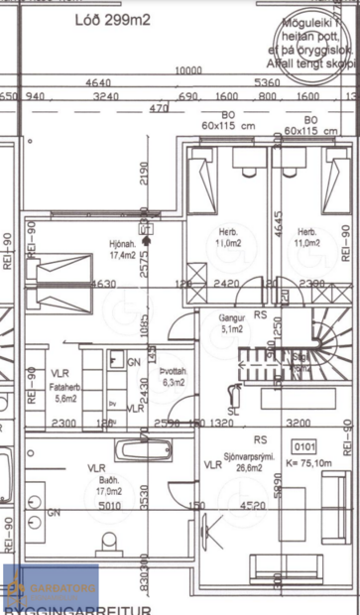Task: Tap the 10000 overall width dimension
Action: click(188, 70)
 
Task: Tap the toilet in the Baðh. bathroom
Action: click(109, 542)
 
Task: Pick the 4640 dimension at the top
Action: click(99, 83)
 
